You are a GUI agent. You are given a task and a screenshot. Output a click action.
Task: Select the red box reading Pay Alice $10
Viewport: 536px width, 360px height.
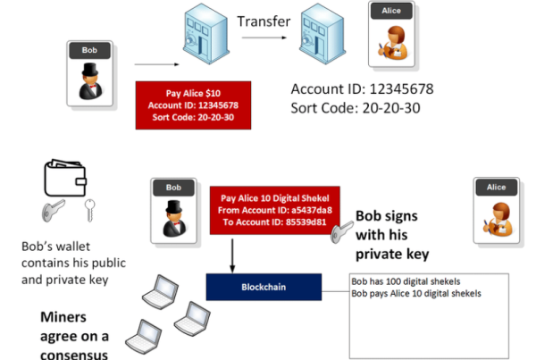click(x=194, y=105)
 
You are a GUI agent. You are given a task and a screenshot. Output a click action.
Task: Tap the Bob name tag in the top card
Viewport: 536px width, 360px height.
click(x=89, y=52)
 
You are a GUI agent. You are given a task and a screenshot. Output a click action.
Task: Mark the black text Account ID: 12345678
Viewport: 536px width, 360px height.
click(x=363, y=89)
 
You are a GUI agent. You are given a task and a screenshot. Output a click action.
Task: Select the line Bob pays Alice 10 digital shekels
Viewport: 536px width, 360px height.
click(x=416, y=294)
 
